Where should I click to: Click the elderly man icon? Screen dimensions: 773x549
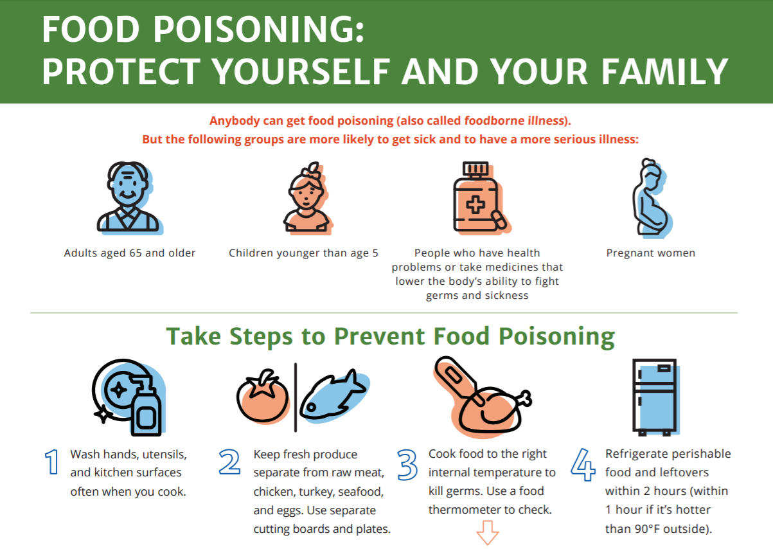tap(129, 198)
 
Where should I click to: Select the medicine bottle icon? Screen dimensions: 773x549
tap(481, 198)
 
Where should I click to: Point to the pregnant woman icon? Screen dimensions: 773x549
tap(652, 199)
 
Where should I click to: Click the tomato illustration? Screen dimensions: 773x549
tap(263, 397)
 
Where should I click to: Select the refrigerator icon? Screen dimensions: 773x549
tap(655, 397)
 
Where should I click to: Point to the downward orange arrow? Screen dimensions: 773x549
tap(487, 533)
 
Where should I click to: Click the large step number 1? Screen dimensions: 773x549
tap(52, 462)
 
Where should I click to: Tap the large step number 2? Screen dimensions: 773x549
tap(229, 462)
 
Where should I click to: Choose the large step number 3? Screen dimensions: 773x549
tap(407, 465)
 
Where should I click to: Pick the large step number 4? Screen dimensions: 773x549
tap(583, 464)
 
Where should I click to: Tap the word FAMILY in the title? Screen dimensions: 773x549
tap(664, 71)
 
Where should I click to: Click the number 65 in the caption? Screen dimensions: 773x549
tap(136, 253)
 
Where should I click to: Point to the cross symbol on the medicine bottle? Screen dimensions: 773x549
tap(475, 204)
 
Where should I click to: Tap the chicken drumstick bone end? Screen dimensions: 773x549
tap(526, 399)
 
